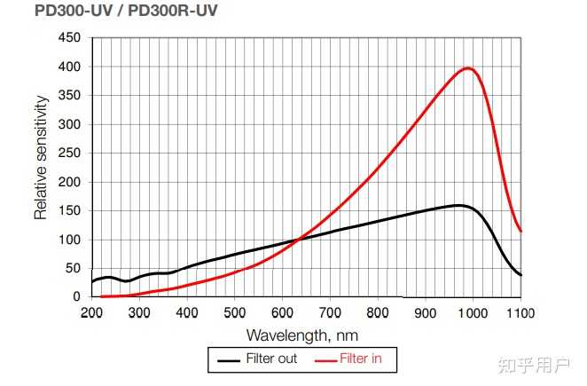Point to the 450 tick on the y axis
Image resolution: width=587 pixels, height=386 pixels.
[x=68, y=38]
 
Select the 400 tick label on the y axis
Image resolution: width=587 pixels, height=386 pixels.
[x=68, y=67]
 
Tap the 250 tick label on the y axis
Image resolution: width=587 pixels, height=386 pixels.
[x=68, y=153]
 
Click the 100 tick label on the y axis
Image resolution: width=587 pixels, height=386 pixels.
[x=68, y=240]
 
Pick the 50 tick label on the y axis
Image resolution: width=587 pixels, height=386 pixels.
[x=72, y=268]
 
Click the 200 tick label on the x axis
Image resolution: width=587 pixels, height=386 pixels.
[x=91, y=312]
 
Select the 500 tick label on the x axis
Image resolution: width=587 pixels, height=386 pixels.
[x=234, y=312]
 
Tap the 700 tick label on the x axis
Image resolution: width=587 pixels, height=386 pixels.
[x=330, y=312]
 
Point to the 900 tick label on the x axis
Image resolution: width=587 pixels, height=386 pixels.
[x=425, y=312]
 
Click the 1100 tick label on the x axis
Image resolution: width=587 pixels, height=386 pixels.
[x=520, y=312]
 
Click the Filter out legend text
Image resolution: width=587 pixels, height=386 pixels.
[x=271, y=359]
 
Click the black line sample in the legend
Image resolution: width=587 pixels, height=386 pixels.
[x=229, y=360]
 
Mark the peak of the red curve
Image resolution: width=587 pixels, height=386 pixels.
[x=468, y=67]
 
